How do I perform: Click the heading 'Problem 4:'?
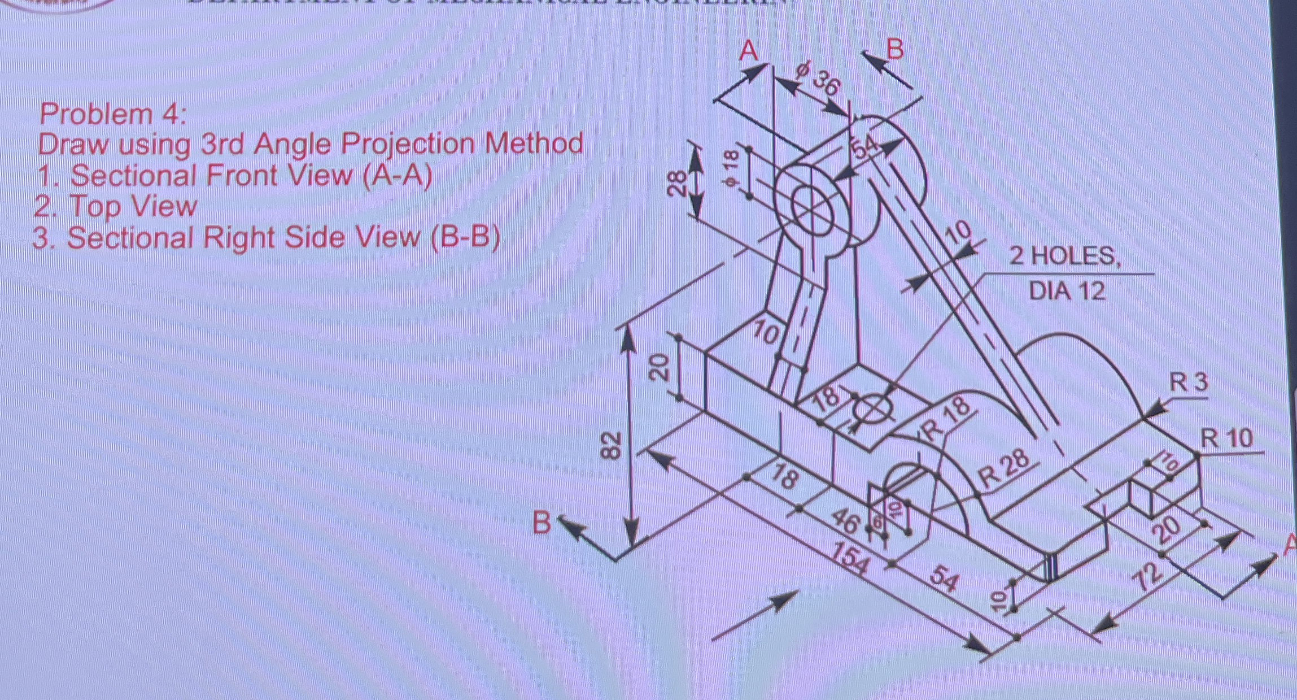tap(112, 115)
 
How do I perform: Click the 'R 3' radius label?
tap(1188, 384)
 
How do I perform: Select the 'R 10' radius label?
tap(1226, 438)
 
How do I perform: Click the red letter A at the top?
tap(749, 51)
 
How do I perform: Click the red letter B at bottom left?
tap(541, 523)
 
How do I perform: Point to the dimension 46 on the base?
tap(845, 521)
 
